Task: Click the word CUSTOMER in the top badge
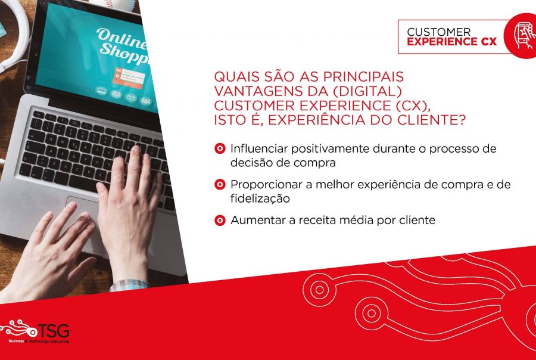point(438,32)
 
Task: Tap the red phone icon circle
point(521,36)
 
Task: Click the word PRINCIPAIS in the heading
point(363,77)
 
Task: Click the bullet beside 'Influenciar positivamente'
point(220,149)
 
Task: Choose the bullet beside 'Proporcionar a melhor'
point(220,184)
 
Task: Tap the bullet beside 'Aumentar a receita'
point(220,220)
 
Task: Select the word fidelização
point(260,198)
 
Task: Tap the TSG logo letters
point(54,331)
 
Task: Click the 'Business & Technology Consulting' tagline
point(39,341)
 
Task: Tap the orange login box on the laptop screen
point(129,78)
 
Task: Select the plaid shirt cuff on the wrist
point(129,285)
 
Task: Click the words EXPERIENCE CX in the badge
point(451,42)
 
